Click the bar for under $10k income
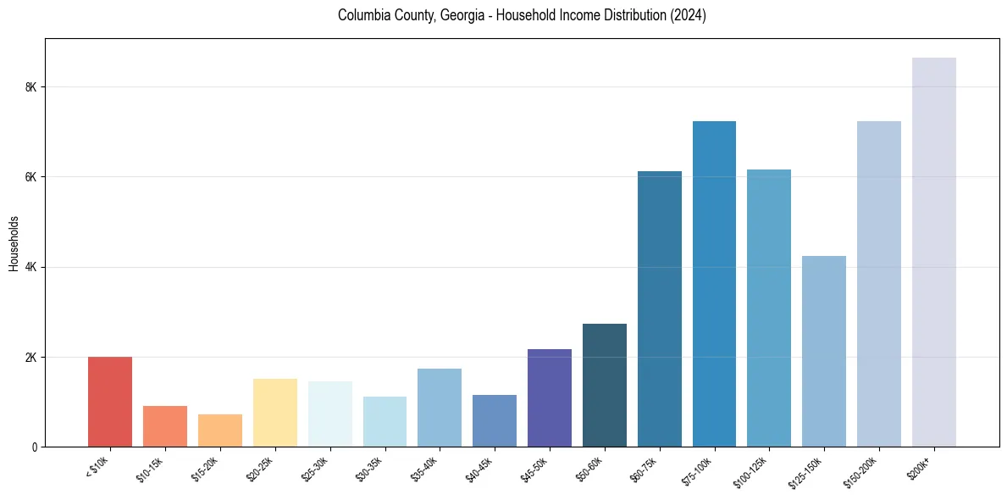pos(110,402)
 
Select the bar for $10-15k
pos(165,426)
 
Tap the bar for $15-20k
pos(220,431)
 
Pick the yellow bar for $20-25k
pos(275,413)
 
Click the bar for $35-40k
pos(440,408)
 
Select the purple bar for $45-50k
pos(550,397)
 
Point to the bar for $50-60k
pos(605,385)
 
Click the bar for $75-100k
pos(714,284)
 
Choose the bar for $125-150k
pos(824,351)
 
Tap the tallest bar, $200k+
pos(934,252)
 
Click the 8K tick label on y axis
pos(30,87)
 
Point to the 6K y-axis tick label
pos(30,177)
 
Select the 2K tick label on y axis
pos(30,357)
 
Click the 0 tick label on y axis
pos(34,447)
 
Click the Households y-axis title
pos(14,243)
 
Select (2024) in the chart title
pos(689,15)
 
